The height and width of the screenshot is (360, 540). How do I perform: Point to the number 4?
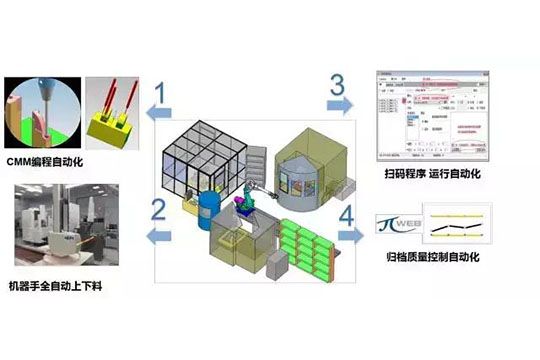(x=348, y=213)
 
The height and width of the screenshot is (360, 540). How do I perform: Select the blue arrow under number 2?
(x=156, y=236)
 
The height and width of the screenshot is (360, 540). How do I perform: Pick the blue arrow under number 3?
(x=339, y=104)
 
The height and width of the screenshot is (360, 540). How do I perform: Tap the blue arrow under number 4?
(x=351, y=235)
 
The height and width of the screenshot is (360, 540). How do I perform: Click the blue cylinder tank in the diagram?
(x=210, y=210)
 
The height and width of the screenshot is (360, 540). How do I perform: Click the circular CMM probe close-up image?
(x=41, y=111)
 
